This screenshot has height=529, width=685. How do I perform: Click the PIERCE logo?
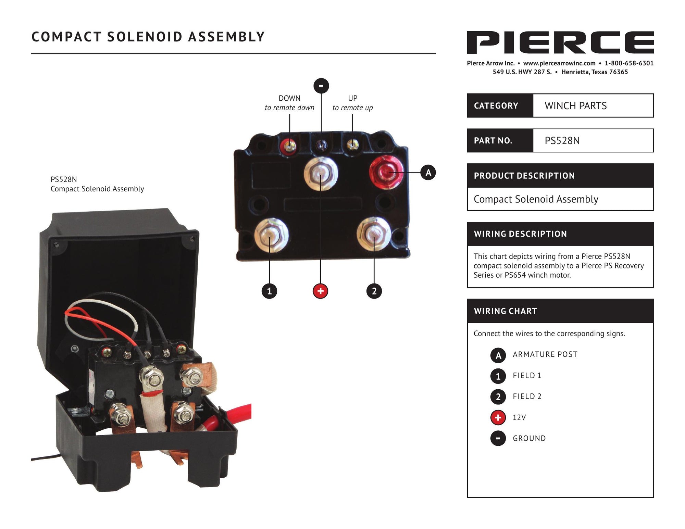[560, 42]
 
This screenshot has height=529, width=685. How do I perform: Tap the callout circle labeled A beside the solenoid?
[428, 172]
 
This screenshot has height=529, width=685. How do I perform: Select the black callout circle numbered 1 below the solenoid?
[269, 291]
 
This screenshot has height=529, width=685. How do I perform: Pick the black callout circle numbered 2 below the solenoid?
[374, 291]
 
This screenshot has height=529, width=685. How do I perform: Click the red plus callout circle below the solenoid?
[320, 291]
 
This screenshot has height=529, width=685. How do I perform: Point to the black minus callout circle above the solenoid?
[321, 86]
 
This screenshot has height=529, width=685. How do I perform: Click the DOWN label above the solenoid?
[289, 98]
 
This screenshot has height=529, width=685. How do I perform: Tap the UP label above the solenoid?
[353, 98]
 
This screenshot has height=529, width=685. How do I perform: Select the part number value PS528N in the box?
[562, 141]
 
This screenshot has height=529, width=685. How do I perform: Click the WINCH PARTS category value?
[575, 106]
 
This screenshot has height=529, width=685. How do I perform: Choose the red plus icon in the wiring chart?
[498, 417]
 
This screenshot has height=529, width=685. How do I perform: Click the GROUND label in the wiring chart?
[529, 438]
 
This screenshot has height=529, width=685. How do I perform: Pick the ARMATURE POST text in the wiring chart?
[545, 354]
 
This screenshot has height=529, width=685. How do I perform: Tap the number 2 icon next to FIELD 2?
[498, 396]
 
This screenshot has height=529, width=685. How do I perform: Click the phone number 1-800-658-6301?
[629, 63]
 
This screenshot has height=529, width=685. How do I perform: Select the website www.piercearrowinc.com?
[559, 63]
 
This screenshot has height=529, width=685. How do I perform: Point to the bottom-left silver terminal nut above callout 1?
[271, 235]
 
